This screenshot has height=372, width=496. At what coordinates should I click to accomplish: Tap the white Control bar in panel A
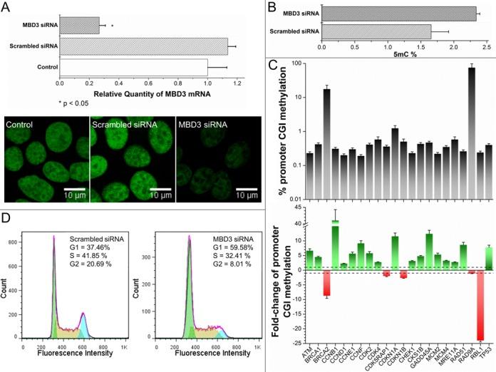[133, 68]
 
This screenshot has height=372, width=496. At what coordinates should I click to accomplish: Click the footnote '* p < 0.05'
[80, 103]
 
